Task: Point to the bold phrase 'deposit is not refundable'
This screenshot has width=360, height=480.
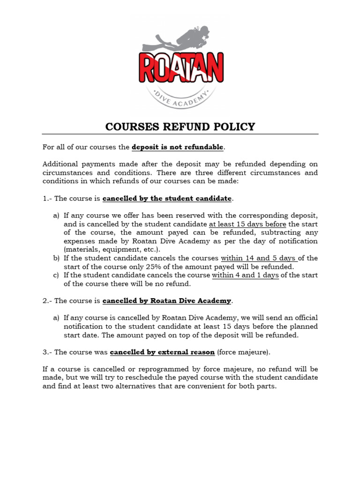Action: click(178, 147)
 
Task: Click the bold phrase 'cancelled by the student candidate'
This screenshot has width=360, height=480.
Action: click(167, 198)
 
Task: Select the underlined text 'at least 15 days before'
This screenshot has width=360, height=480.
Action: click(247, 224)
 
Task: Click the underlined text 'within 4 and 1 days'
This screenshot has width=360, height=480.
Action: click(245, 275)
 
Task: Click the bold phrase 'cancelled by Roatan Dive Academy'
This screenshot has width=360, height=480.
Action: click(167, 300)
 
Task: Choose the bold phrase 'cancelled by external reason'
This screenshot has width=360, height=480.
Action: click(162, 352)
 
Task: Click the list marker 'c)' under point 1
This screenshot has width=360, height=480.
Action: click(56, 275)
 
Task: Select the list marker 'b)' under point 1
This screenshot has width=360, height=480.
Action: click(56, 258)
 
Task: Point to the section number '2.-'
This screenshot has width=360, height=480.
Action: click(47, 300)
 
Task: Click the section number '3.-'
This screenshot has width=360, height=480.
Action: click(47, 352)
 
